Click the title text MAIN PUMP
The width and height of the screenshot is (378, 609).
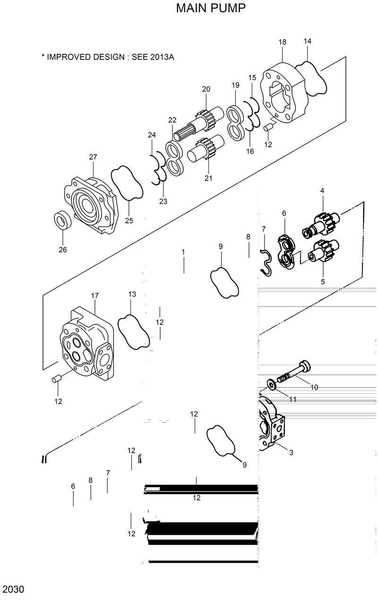pos(211,8)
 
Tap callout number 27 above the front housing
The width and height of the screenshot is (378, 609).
pos(93,157)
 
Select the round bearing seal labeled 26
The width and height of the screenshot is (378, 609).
pos(62,220)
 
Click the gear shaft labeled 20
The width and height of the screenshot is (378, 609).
pos(201,124)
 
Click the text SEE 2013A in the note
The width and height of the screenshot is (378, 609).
pos(151,57)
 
